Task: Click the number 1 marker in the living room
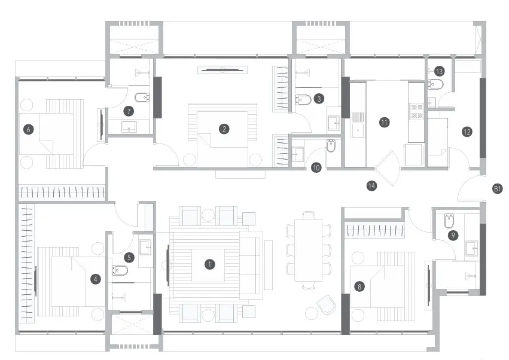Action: (x=210, y=264)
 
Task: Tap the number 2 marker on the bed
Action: (x=224, y=129)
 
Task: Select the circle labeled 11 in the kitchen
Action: (x=385, y=123)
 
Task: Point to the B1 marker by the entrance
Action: (x=497, y=188)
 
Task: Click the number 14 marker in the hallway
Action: (x=371, y=185)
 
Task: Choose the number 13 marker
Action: (x=440, y=71)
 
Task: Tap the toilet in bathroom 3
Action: (x=303, y=99)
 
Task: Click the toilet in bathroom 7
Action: (x=142, y=97)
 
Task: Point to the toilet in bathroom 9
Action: (x=450, y=220)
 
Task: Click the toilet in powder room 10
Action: (x=331, y=146)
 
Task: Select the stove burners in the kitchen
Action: (x=416, y=111)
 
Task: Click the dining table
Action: (x=309, y=251)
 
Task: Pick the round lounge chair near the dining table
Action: (x=327, y=304)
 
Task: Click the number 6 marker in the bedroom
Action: (x=29, y=130)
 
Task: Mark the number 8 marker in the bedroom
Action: (x=359, y=286)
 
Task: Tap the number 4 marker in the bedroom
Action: (x=95, y=279)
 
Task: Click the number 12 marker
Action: (x=467, y=132)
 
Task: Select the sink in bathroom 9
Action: (x=472, y=248)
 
